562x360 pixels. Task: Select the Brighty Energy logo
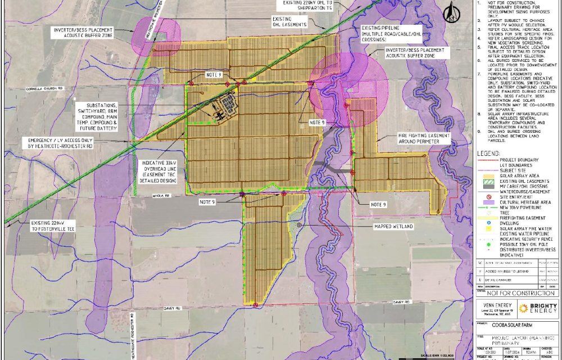[x=538, y=308]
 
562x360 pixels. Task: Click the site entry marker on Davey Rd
[x=256, y=305]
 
